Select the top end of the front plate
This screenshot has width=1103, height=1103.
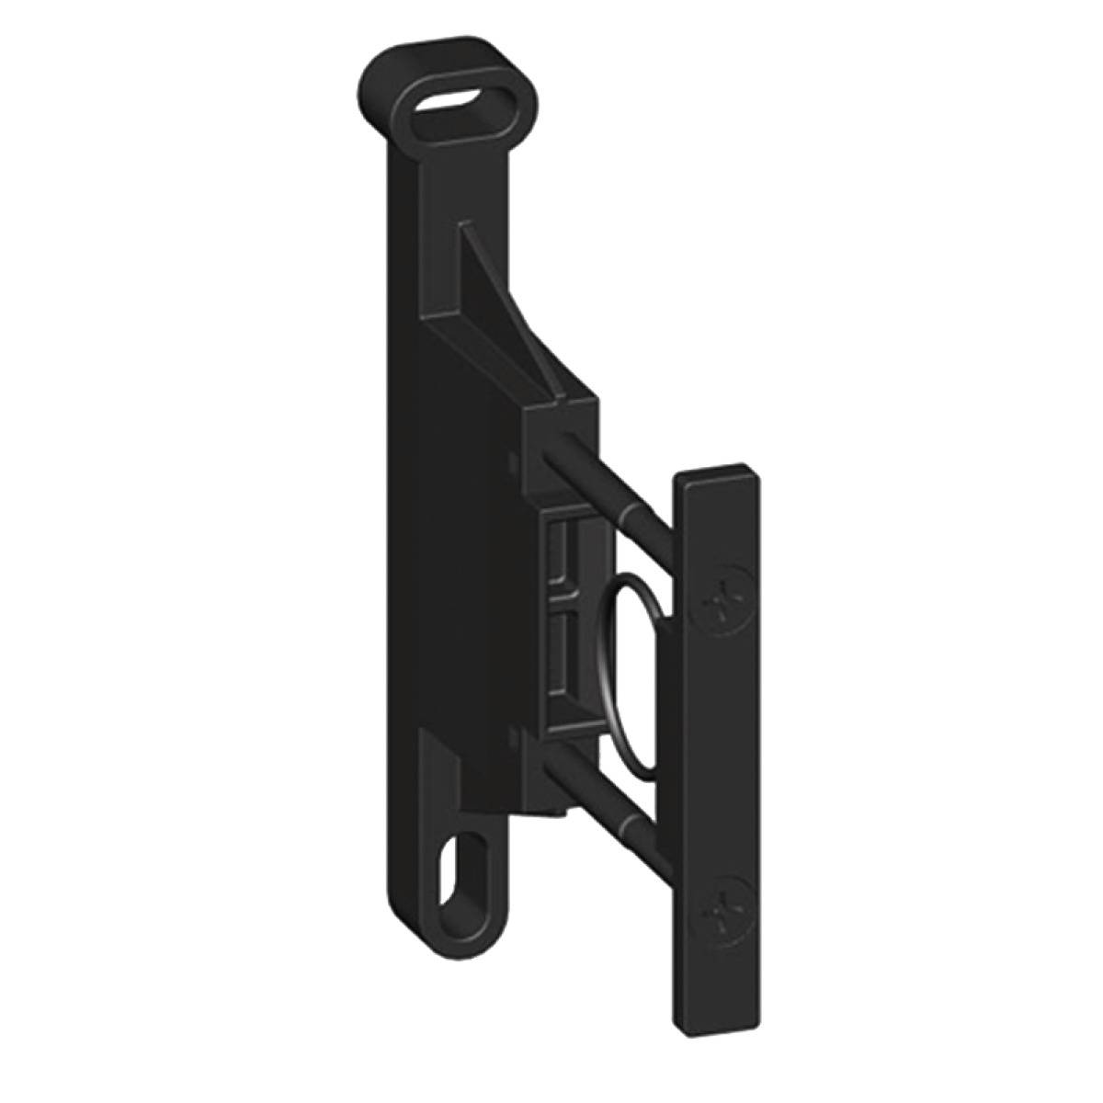(718, 479)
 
